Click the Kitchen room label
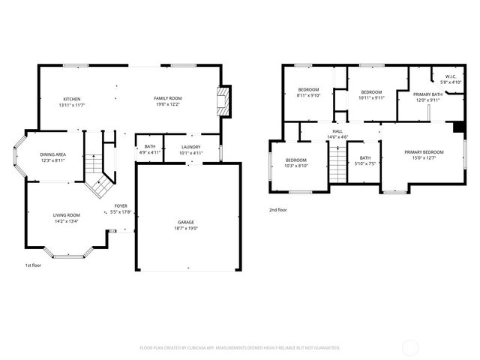coord(73,101)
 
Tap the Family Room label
coord(167,101)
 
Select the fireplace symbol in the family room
coord(221,101)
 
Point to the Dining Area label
coord(52,156)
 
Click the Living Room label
coord(66,217)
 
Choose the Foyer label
coord(121,208)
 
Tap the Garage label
coord(187,224)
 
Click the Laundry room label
coord(191,149)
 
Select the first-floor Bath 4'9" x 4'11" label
coord(150,149)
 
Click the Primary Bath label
coord(427,96)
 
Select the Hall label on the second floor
coord(337,133)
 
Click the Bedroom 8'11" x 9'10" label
coord(308,93)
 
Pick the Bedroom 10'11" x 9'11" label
coord(371,94)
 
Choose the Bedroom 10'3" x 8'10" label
coord(295,163)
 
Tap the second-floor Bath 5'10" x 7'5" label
coord(365,160)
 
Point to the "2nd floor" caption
coord(278,210)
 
